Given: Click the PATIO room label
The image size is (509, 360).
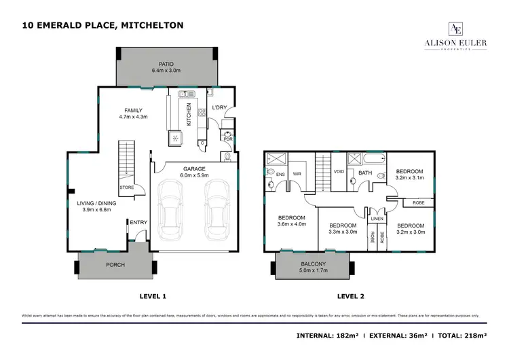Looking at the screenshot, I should click(166, 63).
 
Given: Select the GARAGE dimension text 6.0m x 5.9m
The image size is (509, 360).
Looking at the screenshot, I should click(193, 176).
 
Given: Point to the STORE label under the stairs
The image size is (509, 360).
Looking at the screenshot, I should click(126, 187).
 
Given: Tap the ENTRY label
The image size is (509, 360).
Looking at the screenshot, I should click(138, 222).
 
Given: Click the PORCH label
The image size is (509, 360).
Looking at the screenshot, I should click(115, 264).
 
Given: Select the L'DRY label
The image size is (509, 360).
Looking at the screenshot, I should click(219, 108).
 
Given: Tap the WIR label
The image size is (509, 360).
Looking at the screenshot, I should click(296, 173).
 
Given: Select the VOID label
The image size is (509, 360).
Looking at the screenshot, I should click(339, 172).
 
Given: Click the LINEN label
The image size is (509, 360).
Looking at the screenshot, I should click(377, 218).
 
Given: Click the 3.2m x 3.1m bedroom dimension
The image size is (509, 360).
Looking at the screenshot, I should click(409, 178).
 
